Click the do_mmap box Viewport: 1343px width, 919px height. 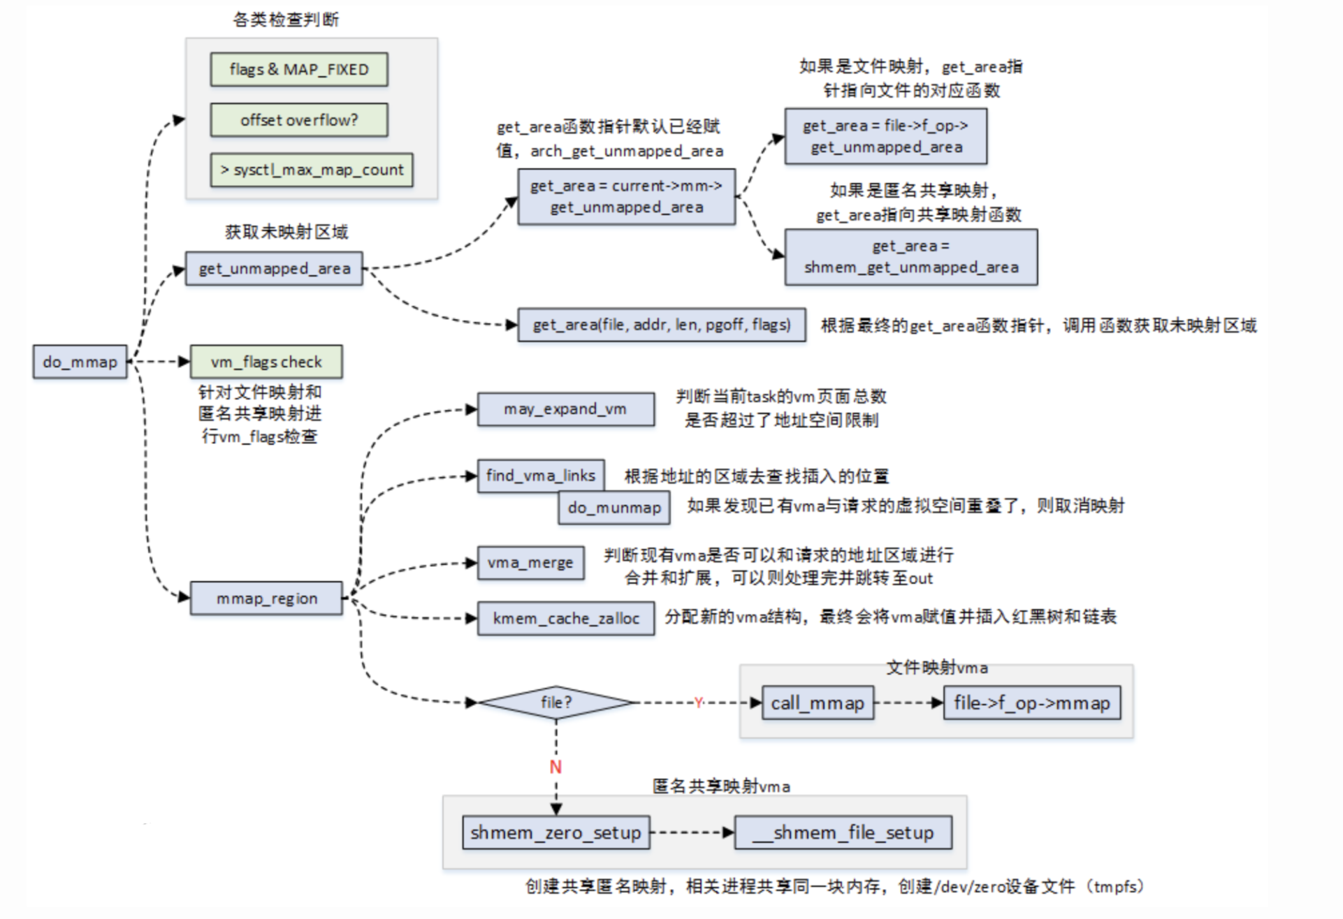(x=80, y=362)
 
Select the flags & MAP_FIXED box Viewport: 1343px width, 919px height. (x=299, y=70)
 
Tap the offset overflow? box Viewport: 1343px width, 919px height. (x=299, y=120)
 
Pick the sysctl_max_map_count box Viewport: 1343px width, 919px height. (x=312, y=170)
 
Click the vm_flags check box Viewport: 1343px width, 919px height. (x=266, y=362)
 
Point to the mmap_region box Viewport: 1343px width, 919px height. (x=266, y=598)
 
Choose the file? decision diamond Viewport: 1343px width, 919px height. (x=556, y=703)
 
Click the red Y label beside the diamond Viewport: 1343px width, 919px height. (x=698, y=703)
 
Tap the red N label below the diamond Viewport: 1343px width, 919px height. (x=556, y=767)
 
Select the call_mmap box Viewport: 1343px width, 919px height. (x=818, y=703)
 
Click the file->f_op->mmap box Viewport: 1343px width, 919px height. (x=1031, y=703)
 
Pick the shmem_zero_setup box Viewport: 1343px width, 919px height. (x=556, y=832)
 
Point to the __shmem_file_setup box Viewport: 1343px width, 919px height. (x=843, y=832)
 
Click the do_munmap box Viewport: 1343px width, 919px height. (x=614, y=508)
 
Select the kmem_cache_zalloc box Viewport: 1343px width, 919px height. (x=566, y=618)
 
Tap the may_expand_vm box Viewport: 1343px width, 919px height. (x=565, y=409)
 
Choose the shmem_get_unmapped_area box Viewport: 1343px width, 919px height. (x=910, y=257)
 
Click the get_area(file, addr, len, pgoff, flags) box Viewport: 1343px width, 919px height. (x=661, y=325)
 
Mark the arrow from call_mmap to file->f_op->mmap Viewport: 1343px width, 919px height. (x=908, y=703)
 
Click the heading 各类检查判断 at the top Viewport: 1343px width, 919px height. (x=286, y=20)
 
